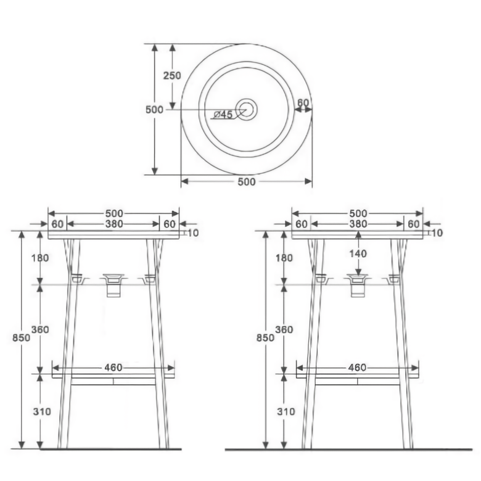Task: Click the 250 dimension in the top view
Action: [172, 76]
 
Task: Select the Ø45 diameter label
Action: [223, 115]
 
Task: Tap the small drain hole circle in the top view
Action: [247, 110]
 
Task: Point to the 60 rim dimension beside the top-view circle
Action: [303, 103]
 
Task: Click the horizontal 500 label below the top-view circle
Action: [246, 182]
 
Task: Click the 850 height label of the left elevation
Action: [22, 338]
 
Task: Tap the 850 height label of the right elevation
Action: [265, 338]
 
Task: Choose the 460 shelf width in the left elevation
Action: [113, 368]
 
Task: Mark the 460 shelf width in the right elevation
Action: [358, 368]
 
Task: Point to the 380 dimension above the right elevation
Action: [358, 224]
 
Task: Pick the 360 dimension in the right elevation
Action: [284, 330]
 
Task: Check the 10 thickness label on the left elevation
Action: [192, 233]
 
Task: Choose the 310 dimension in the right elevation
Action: [284, 411]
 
